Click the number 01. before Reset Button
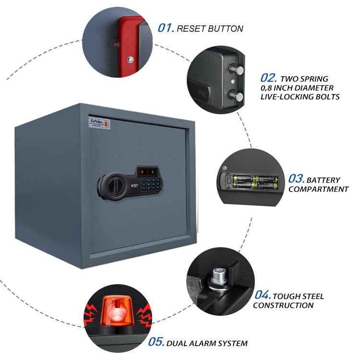(166, 28)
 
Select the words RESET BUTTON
(210, 29)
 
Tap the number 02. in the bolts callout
(269, 78)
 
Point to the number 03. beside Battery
(297, 179)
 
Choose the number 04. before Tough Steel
(263, 295)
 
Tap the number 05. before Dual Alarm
(156, 342)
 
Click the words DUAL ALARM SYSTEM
(207, 343)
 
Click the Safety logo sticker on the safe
(99, 123)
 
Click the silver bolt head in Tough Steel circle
(219, 275)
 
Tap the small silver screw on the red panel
(130, 60)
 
